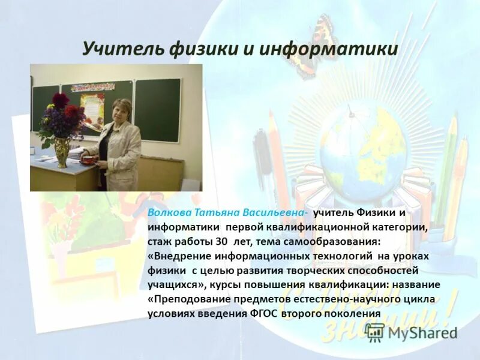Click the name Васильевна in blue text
point(274,213)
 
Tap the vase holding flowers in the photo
point(62,152)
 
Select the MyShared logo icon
point(375,331)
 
